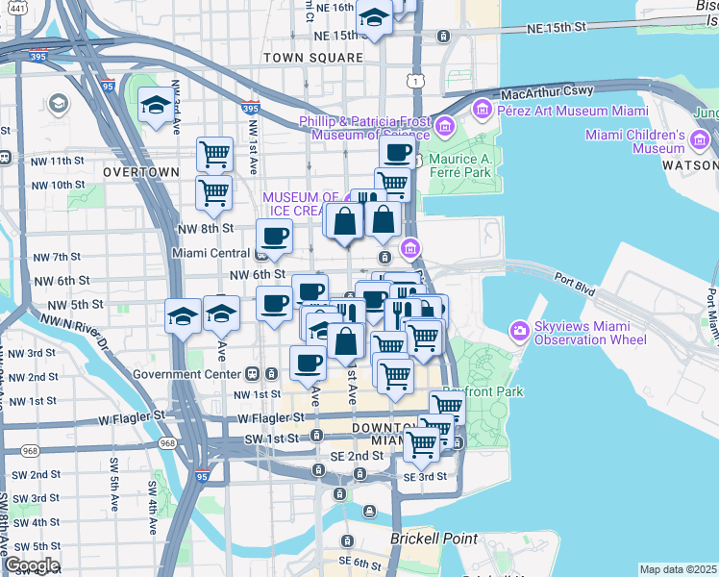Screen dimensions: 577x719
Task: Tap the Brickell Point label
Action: (428, 539)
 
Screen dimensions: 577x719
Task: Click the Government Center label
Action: (188, 373)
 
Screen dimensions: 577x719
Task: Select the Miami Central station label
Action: (211, 254)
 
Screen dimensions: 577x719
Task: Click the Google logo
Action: (32, 565)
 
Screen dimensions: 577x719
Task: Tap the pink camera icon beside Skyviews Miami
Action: (520, 332)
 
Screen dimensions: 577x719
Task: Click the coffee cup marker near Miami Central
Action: (275, 237)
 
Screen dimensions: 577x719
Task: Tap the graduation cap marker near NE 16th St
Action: (373, 16)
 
